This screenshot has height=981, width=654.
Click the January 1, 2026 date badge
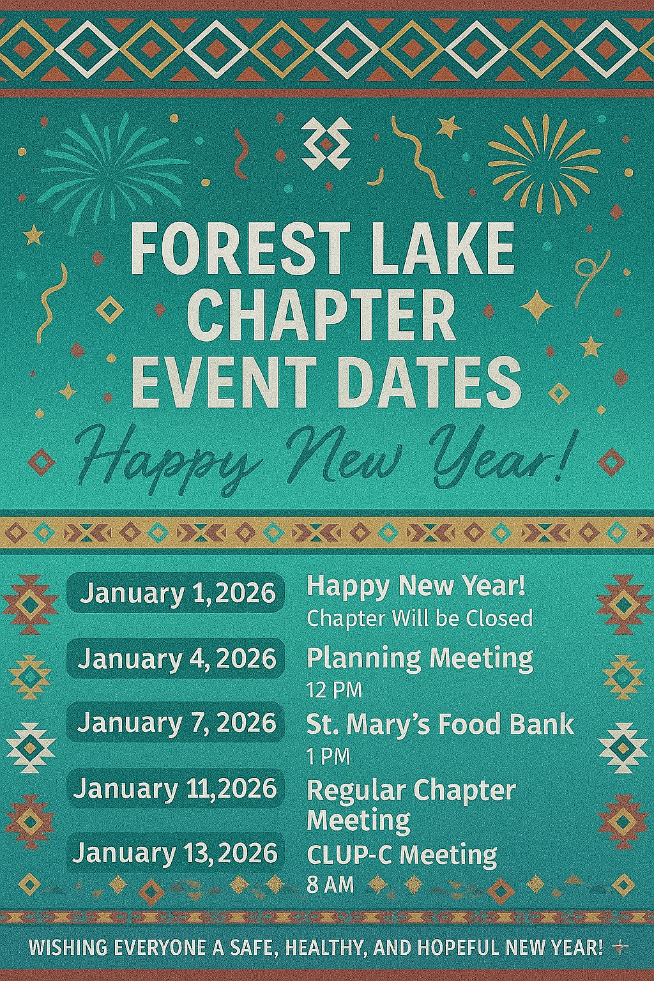[x=176, y=593]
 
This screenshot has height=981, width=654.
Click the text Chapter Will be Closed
[x=420, y=618]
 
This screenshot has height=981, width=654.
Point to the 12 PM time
[x=334, y=691]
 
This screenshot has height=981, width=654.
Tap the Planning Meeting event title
[x=420, y=658]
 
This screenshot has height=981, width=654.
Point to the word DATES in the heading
[x=432, y=382]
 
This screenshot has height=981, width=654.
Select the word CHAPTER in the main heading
[x=322, y=315]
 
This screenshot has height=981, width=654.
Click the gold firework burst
[x=544, y=163]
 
